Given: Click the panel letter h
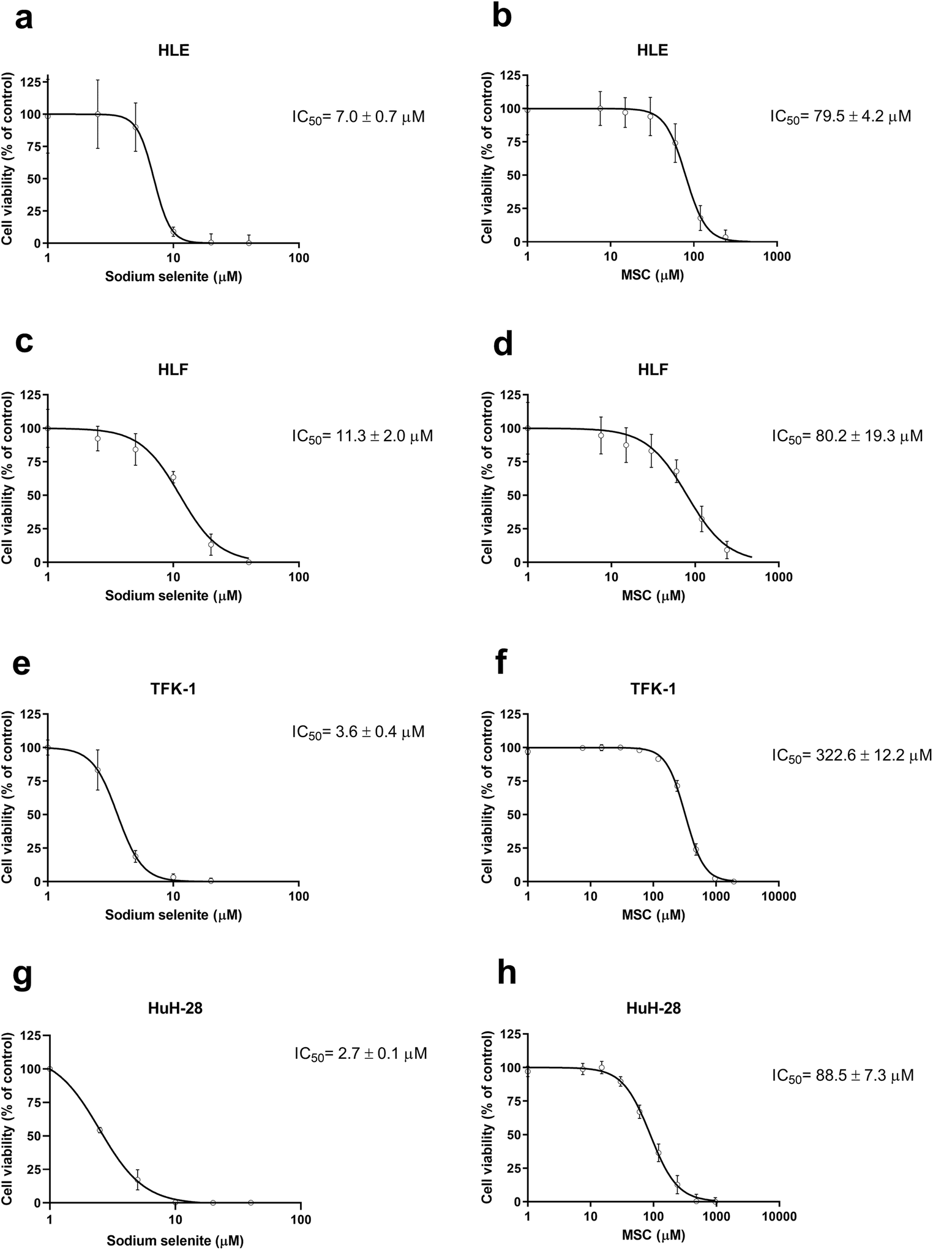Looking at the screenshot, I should click(506, 974).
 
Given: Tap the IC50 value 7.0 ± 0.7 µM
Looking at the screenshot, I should click(358, 116).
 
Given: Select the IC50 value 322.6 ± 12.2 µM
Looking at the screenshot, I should click(852, 756).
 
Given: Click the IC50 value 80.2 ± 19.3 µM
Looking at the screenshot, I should click(847, 436).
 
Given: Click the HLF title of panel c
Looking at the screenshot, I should click(173, 369).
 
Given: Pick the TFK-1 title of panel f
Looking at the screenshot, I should click(653, 689).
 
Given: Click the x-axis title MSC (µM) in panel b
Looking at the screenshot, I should click(653, 275).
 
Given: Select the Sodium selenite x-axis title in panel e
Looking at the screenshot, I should click(173, 915).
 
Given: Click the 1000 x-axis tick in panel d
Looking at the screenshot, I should click(778, 577).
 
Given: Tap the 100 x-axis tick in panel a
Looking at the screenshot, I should click(299, 258).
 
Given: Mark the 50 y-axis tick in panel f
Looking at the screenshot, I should click(513, 815).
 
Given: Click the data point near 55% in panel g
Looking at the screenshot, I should click(100, 1130).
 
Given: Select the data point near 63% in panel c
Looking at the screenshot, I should click(173, 477).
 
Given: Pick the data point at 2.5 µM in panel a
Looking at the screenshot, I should click(97, 114).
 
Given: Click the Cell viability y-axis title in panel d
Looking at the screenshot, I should click(487, 479).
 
